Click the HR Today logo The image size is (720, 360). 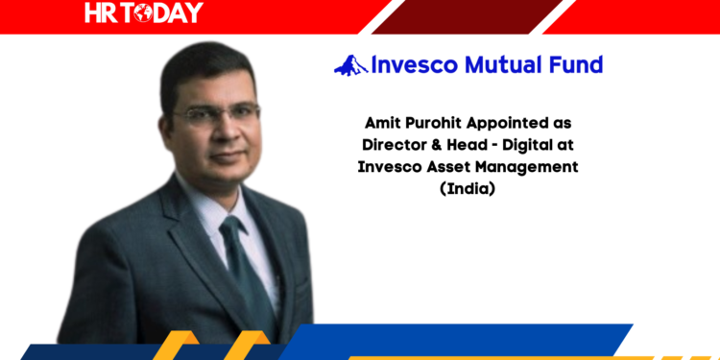[x=144, y=12]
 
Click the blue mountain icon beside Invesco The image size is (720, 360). [x=350, y=65]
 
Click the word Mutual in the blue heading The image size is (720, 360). [x=507, y=65]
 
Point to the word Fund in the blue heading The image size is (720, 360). [x=578, y=65]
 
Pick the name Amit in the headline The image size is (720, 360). [x=384, y=125]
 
